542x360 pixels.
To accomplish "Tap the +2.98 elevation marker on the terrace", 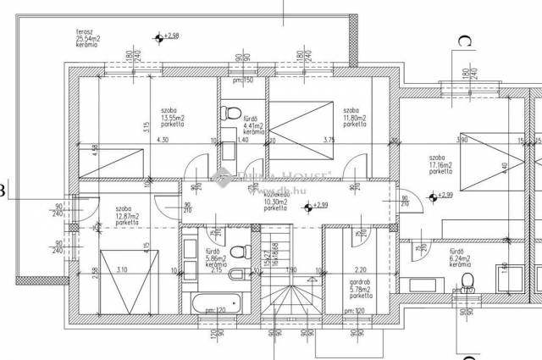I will [161, 36].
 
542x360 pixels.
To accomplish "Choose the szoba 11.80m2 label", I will [355, 117].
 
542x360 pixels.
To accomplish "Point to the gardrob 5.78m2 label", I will [360, 291].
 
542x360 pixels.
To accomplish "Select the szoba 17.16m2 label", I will [440, 163].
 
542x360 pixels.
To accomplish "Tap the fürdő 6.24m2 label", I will [460, 258].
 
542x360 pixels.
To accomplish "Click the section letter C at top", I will [463, 40].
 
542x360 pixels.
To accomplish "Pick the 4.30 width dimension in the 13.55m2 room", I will [163, 141].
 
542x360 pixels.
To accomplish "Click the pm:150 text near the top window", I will [243, 81].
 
